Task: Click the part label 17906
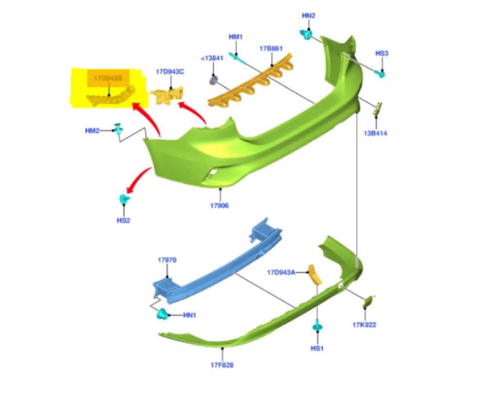220,205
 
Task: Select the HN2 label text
309,16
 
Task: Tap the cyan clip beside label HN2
306,34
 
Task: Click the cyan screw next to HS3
381,74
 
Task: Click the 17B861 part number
271,49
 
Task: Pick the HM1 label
236,37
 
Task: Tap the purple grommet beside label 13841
213,80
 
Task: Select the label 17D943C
170,72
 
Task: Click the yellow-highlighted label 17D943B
108,78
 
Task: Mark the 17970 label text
167,260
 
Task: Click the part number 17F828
222,365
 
